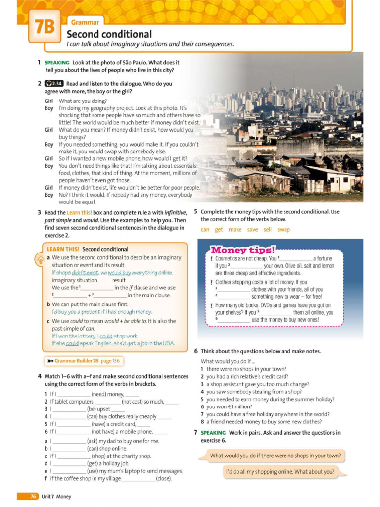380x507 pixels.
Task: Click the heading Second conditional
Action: point(109,34)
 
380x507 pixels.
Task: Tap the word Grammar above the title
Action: point(85,22)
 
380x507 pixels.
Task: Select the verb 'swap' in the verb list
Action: point(284,229)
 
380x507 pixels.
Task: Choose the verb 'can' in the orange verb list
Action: point(205,229)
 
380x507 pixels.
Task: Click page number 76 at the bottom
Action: point(33,496)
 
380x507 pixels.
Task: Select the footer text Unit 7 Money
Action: point(56,496)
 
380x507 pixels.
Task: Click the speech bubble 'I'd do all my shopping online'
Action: point(280,472)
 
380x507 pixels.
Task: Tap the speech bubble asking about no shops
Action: point(275,456)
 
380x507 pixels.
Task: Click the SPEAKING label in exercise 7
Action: point(213,433)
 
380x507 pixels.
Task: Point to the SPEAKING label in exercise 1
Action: point(56,63)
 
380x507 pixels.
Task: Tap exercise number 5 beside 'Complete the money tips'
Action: point(196,212)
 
